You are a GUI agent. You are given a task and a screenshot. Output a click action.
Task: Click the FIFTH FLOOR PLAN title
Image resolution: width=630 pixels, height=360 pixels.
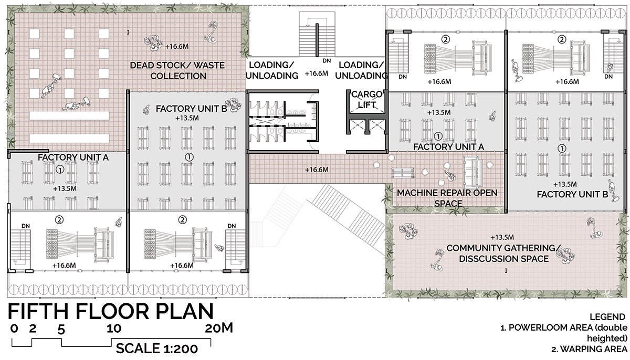coord(111,311)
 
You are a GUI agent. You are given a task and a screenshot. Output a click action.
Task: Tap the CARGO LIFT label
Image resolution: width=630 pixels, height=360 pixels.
coord(367,100)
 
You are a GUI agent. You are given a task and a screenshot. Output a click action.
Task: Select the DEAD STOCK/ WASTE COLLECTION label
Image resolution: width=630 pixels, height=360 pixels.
coord(177,70)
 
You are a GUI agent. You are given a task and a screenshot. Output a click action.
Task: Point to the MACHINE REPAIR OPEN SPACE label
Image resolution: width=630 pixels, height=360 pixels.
coord(447,198)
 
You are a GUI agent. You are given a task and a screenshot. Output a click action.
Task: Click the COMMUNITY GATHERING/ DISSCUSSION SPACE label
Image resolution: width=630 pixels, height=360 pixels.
coord(503,253)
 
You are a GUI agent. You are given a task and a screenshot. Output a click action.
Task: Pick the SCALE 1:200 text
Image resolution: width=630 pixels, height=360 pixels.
coord(157,348)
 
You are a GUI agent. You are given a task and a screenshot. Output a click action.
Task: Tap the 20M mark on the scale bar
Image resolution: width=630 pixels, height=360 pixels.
coord(219,328)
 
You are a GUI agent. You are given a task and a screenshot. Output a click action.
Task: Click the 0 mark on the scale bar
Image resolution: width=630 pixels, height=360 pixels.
coord(14,328)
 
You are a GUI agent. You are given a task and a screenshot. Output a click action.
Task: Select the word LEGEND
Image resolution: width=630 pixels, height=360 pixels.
coord(607,317)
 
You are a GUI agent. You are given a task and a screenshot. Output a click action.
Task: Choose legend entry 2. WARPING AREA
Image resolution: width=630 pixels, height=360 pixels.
coord(589,350)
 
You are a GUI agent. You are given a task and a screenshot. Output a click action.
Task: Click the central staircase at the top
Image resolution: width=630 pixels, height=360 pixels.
coord(317,34)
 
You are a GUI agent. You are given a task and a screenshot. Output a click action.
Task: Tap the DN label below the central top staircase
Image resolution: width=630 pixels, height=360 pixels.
coord(327,61)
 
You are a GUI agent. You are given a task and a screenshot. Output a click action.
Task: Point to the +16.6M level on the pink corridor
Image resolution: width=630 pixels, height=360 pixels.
coord(317,170)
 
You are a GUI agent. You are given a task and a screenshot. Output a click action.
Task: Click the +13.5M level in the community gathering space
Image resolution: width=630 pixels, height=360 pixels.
coord(502,238)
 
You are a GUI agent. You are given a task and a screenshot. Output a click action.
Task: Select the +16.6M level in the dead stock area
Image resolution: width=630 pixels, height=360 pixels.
coord(176,46)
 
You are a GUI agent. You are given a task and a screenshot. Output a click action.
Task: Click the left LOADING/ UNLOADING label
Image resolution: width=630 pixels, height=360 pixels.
coord(272,70)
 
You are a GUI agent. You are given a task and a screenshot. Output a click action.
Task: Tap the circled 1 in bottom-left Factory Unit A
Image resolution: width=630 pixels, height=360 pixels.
coord(60,170)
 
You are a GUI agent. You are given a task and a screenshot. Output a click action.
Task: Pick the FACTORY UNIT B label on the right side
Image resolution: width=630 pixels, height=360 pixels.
coord(572,195)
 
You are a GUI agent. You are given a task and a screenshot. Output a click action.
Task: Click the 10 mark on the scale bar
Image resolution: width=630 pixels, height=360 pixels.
coord(114,328)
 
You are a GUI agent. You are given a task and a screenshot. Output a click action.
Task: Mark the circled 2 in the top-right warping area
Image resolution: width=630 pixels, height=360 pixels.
coord(562,39)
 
